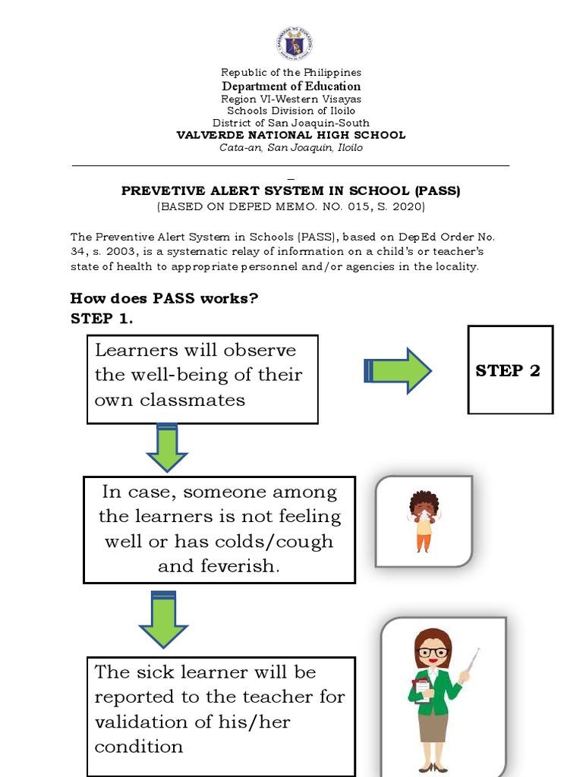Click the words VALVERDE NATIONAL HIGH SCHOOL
tap(291, 135)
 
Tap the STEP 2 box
tap(510, 370)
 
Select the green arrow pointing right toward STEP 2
tap(398, 370)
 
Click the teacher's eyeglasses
tap(433, 652)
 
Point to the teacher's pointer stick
tap(471, 662)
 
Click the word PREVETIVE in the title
tap(156, 191)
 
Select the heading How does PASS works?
tap(164, 298)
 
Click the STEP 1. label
tap(102, 319)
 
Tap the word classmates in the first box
tap(192, 400)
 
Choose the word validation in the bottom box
tap(142, 722)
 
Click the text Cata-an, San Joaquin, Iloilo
tap(291, 147)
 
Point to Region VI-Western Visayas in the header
tap(291, 99)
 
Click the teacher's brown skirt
tap(433, 726)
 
